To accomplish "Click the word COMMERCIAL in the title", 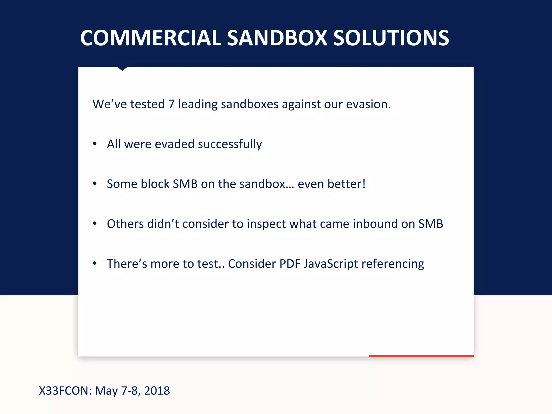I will pyautogui.click(x=151, y=38).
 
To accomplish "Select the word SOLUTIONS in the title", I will pyautogui.click(x=391, y=38).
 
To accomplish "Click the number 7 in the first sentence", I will pyautogui.click(x=171, y=104).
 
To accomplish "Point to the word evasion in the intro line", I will pyautogui.click(x=368, y=104).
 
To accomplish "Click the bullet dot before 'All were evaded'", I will pyautogui.click(x=95, y=143).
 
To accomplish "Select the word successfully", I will pyautogui.click(x=230, y=144).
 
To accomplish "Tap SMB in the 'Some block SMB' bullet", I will pyautogui.click(x=185, y=184).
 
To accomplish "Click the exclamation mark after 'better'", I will pyautogui.click(x=364, y=184).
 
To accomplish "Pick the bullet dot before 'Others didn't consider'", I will pyautogui.click(x=95, y=223).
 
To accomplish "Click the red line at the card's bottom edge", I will pyautogui.click(x=421, y=356).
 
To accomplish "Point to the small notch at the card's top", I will pyautogui.click(x=122, y=69).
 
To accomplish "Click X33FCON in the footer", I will pyautogui.click(x=65, y=391).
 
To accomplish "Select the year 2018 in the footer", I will pyautogui.click(x=157, y=391).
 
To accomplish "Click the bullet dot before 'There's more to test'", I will pyautogui.click(x=95, y=263).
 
